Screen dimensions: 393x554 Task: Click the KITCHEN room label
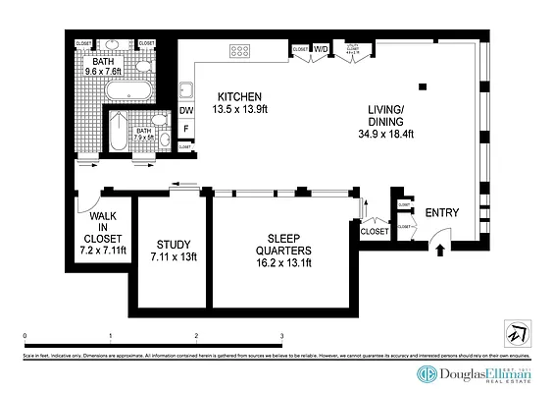tap(239, 96)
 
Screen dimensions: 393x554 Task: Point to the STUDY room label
tap(174, 245)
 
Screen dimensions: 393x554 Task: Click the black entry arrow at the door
tap(438, 249)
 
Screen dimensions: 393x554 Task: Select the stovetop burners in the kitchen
tap(240, 51)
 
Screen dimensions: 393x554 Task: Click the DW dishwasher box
tap(186, 110)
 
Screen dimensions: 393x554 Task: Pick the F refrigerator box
tap(186, 128)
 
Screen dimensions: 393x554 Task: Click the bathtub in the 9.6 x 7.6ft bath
tap(128, 90)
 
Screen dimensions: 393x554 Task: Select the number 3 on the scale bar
tap(282, 337)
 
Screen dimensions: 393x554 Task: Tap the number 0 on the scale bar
tap(25, 337)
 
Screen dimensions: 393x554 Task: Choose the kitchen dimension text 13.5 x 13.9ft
tap(239, 108)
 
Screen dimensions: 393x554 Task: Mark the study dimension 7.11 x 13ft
tap(174, 257)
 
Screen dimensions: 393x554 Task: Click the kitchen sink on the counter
tap(184, 87)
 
